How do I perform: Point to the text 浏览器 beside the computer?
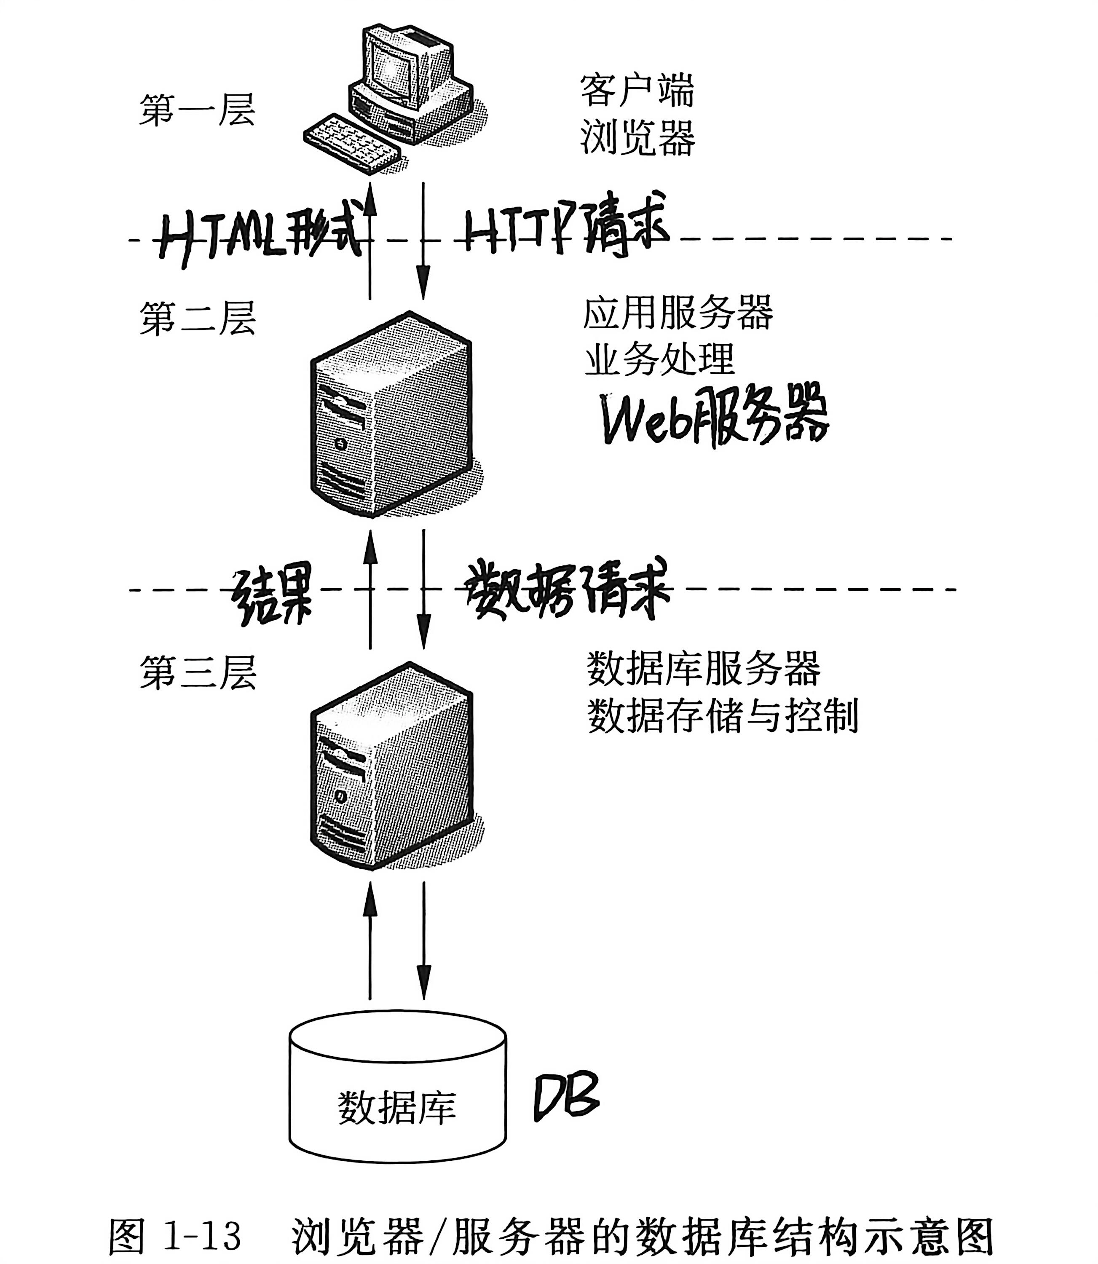pyautogui.click(x=637, y=138)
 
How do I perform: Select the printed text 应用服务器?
pyautogui.click(x=678, y=314)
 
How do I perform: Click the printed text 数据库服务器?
pyautogui.click(x=703, y=669)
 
